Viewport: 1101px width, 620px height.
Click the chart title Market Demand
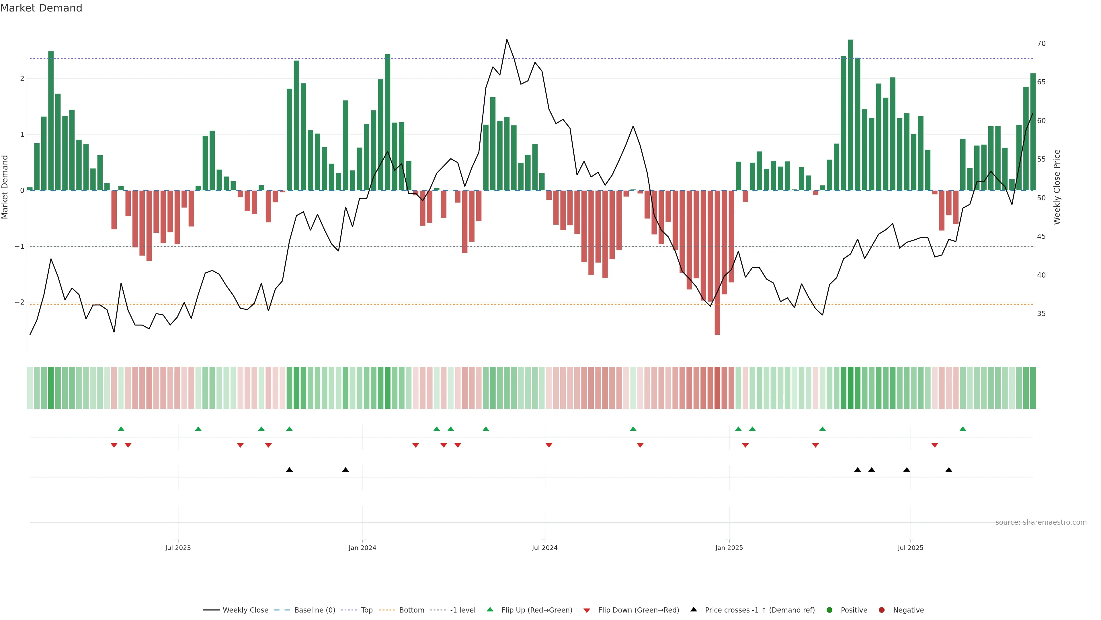coord(41,8)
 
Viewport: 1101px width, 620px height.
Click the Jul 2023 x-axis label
coord(178,548)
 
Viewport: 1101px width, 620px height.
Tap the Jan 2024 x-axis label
coord(362,548)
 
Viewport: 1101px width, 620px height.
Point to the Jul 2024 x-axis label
coord(544,548)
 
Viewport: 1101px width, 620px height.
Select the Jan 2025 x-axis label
coord(729,548)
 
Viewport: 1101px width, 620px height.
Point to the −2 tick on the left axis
coord(19,302)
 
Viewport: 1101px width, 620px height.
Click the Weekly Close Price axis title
coord(1057,187)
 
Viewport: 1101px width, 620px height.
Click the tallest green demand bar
coord(850,115)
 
